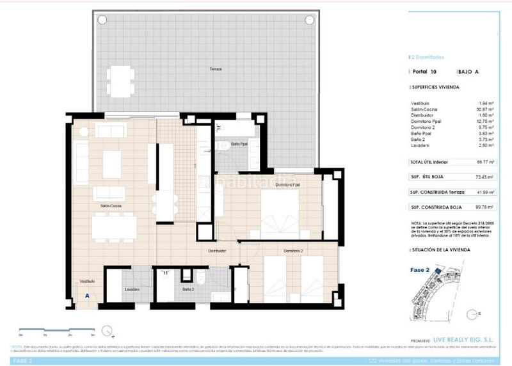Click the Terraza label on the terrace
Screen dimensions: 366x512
point(215,69)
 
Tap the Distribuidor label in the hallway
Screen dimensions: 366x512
point(217,251)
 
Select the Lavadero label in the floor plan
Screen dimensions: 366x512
point(132,289)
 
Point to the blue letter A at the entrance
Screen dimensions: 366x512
point(86,296)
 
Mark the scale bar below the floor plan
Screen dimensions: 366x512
point(58,330)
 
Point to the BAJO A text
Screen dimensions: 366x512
point(469,72)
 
